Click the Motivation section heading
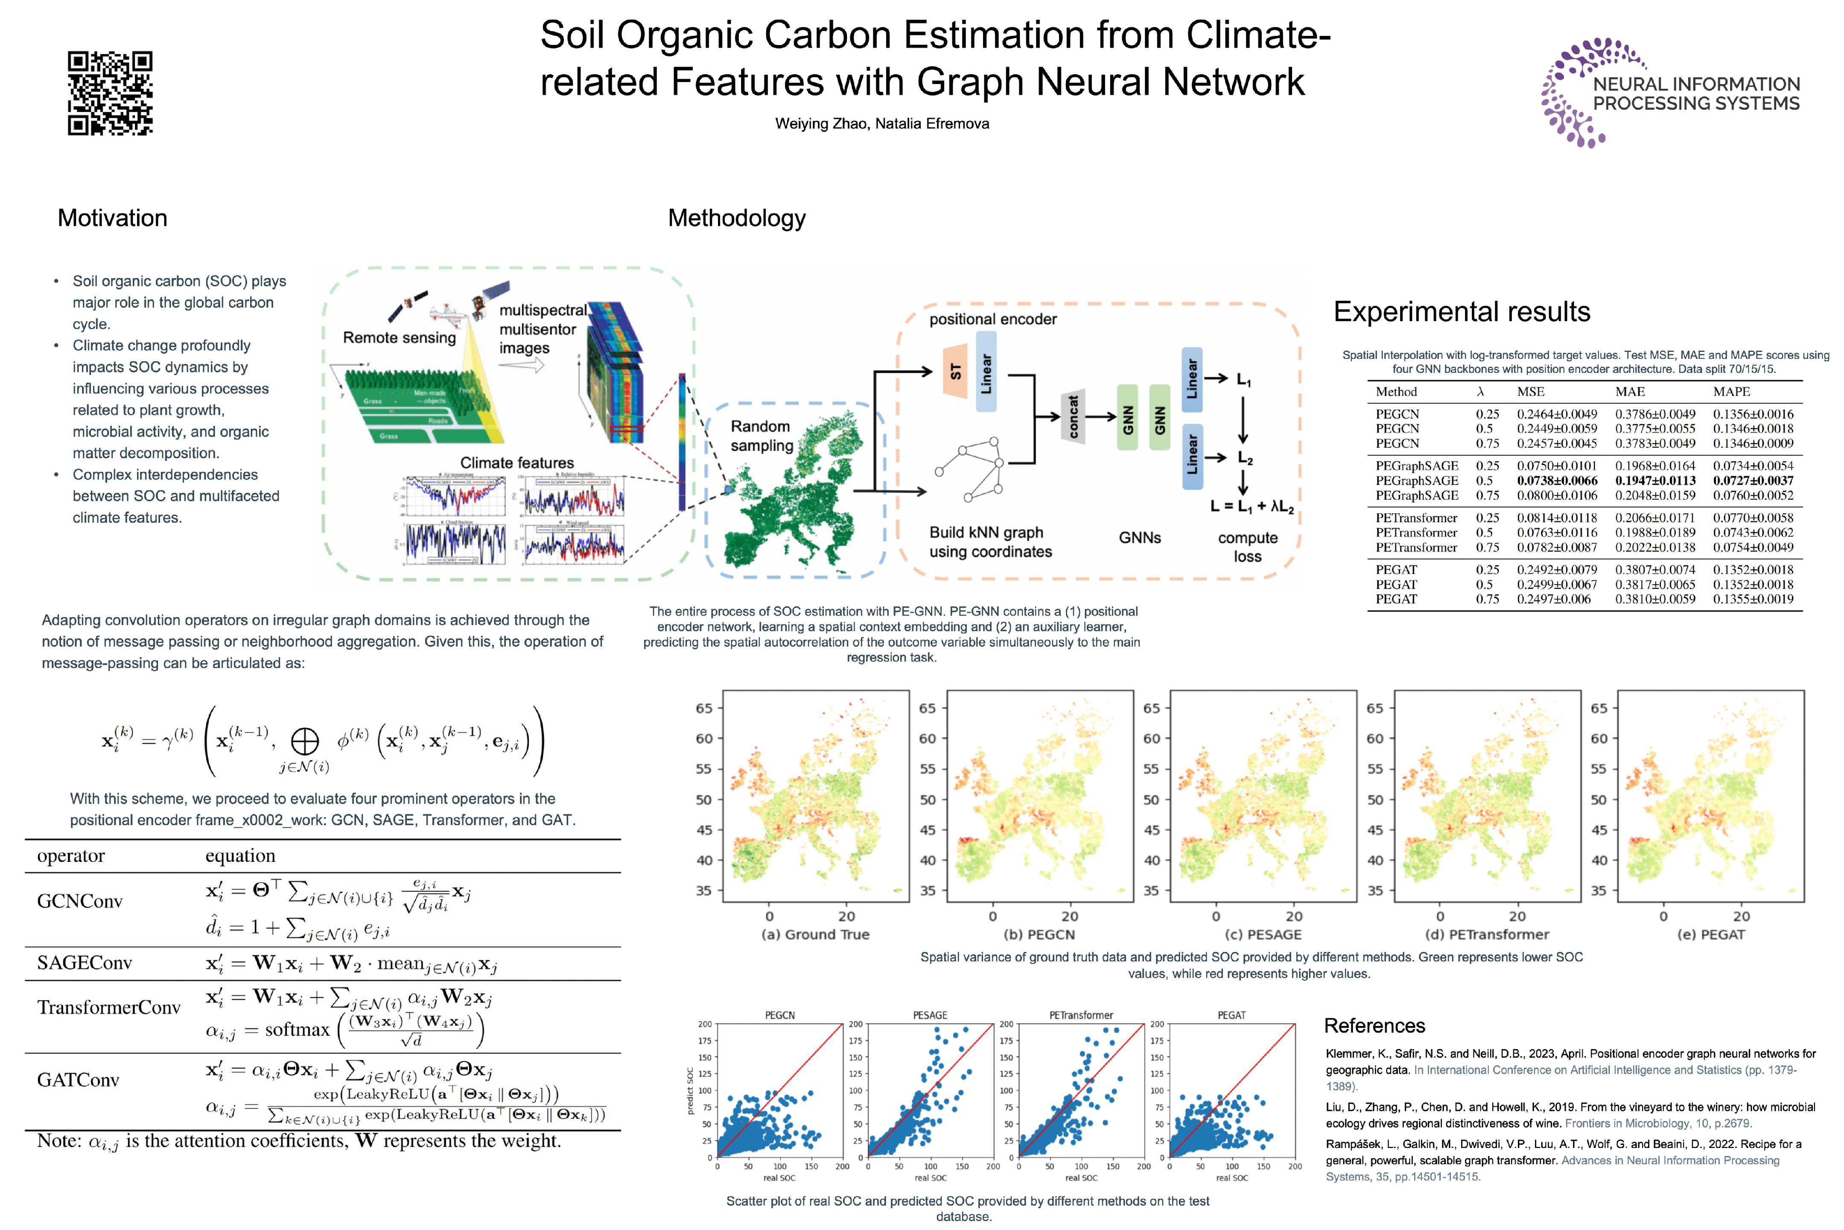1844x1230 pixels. pos(112,218)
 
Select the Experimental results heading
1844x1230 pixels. pos(1462,312)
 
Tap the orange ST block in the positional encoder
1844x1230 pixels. pos(955,371)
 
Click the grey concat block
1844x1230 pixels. pos(1073,416)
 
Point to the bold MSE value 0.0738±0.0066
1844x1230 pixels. pos(1556,481)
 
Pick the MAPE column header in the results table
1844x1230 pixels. pos(1731,392)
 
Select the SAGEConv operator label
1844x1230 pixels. pos(85,963)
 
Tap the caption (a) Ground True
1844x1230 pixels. pos(815,935)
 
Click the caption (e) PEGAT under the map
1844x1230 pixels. pos(1711,935)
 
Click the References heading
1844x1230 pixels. pos(1374,1026)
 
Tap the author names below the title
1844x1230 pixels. pos(882,124)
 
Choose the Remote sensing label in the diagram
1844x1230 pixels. pos(399,338)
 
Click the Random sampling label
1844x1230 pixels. pos(761,436)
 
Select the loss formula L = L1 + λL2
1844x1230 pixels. pos(1251,507)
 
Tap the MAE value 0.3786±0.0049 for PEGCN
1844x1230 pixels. pos(1654,414)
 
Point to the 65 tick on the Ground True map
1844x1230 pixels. pos(704,709)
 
